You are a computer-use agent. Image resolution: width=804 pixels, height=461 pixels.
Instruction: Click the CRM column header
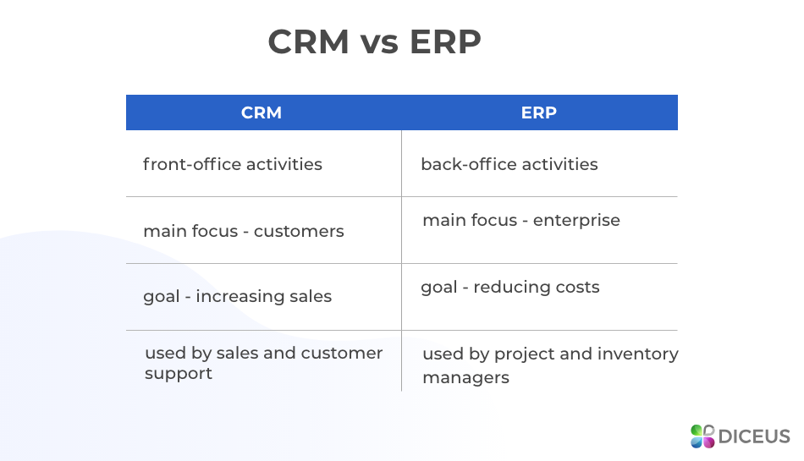pos(262,113)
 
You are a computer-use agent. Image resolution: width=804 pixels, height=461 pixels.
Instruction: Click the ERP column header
pos(539,113)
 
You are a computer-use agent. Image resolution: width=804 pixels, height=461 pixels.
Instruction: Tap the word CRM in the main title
pos(309,42)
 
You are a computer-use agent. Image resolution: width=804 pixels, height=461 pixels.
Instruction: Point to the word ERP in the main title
pos(446,42)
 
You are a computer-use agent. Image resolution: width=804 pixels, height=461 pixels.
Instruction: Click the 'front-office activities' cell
pos(233,164)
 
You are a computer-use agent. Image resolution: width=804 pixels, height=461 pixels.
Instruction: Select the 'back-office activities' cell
pos(509,164)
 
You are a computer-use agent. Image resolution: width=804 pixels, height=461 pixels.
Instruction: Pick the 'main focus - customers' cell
pos(244,231)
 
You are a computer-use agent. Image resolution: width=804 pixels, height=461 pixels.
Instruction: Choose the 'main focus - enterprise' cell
pos(521,221)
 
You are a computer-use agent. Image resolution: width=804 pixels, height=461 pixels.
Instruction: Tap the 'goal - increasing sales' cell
pos(238,296)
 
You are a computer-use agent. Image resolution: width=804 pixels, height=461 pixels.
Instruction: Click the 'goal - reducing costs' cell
pos(510,287)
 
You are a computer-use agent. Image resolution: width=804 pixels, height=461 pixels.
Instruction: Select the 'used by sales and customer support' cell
pos(263,363)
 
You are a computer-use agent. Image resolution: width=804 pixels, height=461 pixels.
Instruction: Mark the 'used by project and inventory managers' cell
pos(550,365)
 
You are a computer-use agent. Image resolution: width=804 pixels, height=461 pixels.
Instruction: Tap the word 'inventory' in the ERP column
pos(639,354)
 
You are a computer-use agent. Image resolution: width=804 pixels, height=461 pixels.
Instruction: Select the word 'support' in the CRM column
pos(179,374)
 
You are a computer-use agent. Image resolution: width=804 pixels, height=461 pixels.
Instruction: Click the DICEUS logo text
pos(754,436)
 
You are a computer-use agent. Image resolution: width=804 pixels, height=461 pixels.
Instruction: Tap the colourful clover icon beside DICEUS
pos(702,436)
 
